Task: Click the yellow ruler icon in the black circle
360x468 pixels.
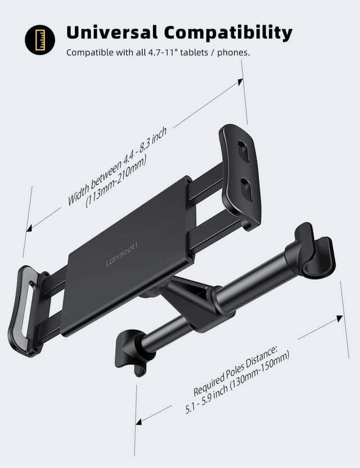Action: (40, 39)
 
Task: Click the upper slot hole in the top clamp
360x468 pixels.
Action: (243, 151)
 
